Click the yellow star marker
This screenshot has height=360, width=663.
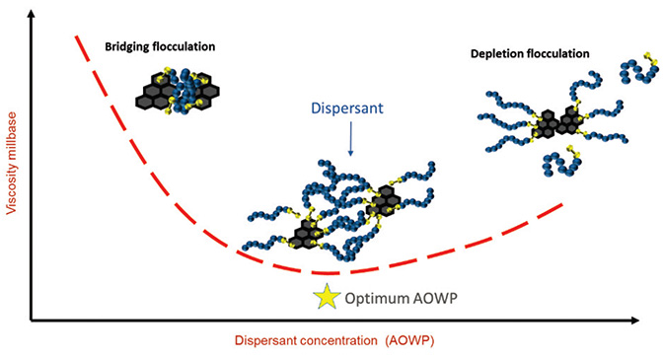point(327,296)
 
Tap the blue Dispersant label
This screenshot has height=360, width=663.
point(347,108)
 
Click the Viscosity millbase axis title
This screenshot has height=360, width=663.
point(12,163)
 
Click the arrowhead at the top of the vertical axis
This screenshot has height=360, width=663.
point(31,13)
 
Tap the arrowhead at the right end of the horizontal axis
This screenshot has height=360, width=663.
point(634,321)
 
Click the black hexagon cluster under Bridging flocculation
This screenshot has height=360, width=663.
point(178,91)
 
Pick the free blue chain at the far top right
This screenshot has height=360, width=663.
point(639,68)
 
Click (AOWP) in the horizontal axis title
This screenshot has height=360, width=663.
point(409,341)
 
